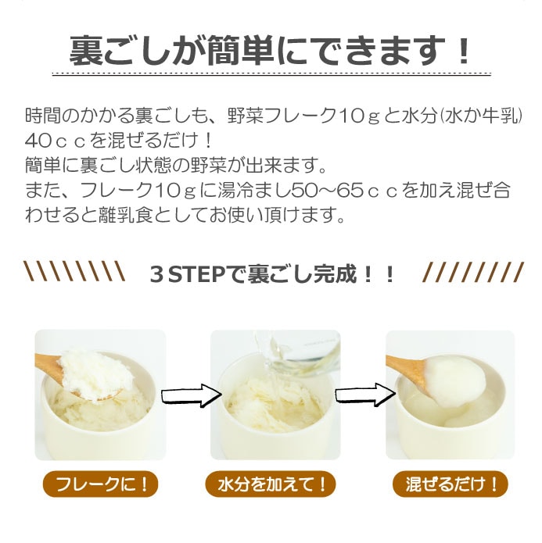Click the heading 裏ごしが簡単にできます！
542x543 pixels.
[x=270, y=51]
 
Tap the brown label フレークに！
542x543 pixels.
[x=101, y=484]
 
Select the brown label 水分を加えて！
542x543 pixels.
[x=271, y=484]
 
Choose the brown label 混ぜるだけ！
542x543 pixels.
[x=450, y=484]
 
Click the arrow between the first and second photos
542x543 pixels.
[x=192, y=395]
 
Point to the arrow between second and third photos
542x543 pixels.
[x=365, y=395]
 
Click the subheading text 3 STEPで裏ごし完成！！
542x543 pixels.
[x=272, y=274]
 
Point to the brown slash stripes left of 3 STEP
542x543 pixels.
[x=74, y=271]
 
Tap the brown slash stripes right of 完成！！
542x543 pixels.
[x=473, y=272]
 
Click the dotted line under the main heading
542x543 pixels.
[x=271, y=74]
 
